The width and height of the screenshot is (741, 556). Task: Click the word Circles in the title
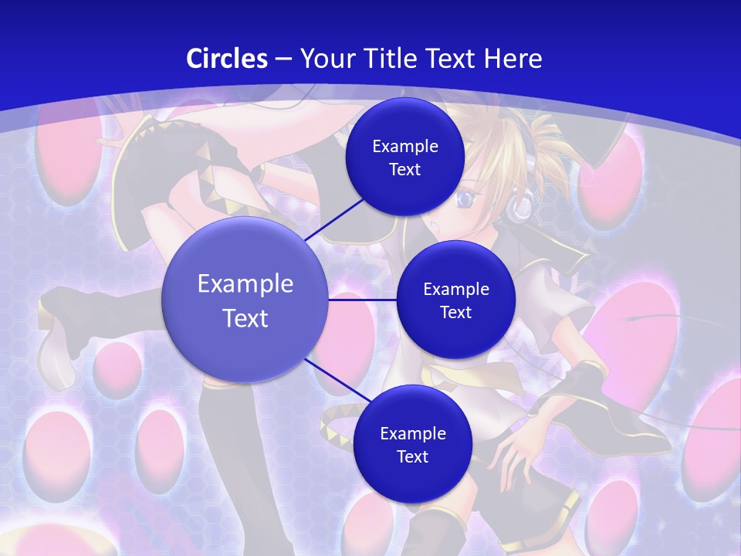227,59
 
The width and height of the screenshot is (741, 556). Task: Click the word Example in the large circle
245,284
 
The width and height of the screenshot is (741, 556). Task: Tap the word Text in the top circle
404,169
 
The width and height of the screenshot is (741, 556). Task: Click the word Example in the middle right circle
455,290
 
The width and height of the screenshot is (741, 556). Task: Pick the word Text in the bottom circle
412,456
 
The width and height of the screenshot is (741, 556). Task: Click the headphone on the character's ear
523,205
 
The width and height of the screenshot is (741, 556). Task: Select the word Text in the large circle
245,318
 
